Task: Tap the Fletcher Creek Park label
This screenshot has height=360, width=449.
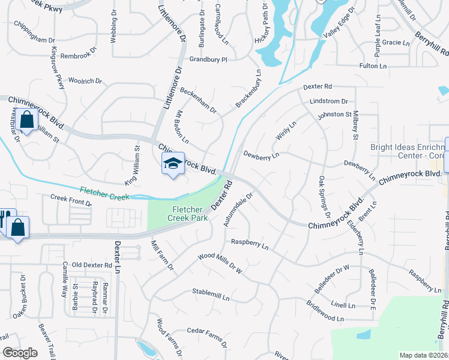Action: coord(190,214)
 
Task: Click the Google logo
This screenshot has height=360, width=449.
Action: coord(20,353)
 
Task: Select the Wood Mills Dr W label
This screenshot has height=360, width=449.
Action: coord(220,263)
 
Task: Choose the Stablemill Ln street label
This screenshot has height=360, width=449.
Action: coord(211,296)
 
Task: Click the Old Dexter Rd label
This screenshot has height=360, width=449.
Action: coord(91,265)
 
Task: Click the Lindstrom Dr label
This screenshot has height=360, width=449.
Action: coord(329,101)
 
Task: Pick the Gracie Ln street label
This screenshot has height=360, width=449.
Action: coord(395,43)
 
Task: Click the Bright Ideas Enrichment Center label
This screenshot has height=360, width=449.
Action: coord(406,151)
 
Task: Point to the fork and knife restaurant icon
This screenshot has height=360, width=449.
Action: coord(3,218)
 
